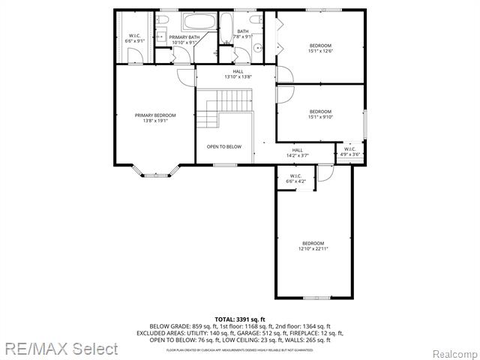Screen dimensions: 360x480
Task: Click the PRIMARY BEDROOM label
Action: click(155, 115)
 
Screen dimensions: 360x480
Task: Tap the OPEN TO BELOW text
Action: click(224, 146)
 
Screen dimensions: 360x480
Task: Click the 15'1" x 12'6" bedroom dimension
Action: click(320, 52)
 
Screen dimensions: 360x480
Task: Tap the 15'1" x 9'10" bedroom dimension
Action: click(320, 116)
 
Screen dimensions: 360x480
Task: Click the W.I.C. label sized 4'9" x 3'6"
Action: click(350, 154)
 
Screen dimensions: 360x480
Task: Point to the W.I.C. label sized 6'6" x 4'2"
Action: click(295, 181)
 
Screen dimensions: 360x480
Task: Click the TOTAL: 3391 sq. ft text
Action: click(240, 319)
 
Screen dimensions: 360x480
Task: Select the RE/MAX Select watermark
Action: click(60, 349)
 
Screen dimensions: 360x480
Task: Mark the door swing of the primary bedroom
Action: click(184, 77)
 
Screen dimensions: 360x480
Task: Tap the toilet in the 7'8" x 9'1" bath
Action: click(256, 20)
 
